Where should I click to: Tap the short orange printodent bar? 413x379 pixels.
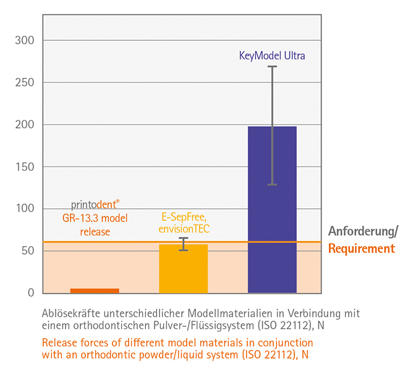tap(95, 291)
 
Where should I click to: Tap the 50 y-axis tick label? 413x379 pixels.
tap(27, 251)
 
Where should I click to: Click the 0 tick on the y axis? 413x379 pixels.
tap(30, 293)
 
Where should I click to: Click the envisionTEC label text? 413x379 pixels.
tap(183, 229)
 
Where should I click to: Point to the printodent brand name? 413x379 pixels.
tap(95, 205)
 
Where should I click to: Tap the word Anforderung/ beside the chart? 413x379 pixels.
tap(363, 232)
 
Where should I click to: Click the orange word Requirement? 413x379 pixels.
tap(361, 249)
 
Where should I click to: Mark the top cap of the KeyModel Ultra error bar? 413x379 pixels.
tap(272, 66)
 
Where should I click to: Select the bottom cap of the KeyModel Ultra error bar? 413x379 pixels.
tap(272, 185)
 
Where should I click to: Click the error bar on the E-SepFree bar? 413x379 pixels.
tap(183, 244)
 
